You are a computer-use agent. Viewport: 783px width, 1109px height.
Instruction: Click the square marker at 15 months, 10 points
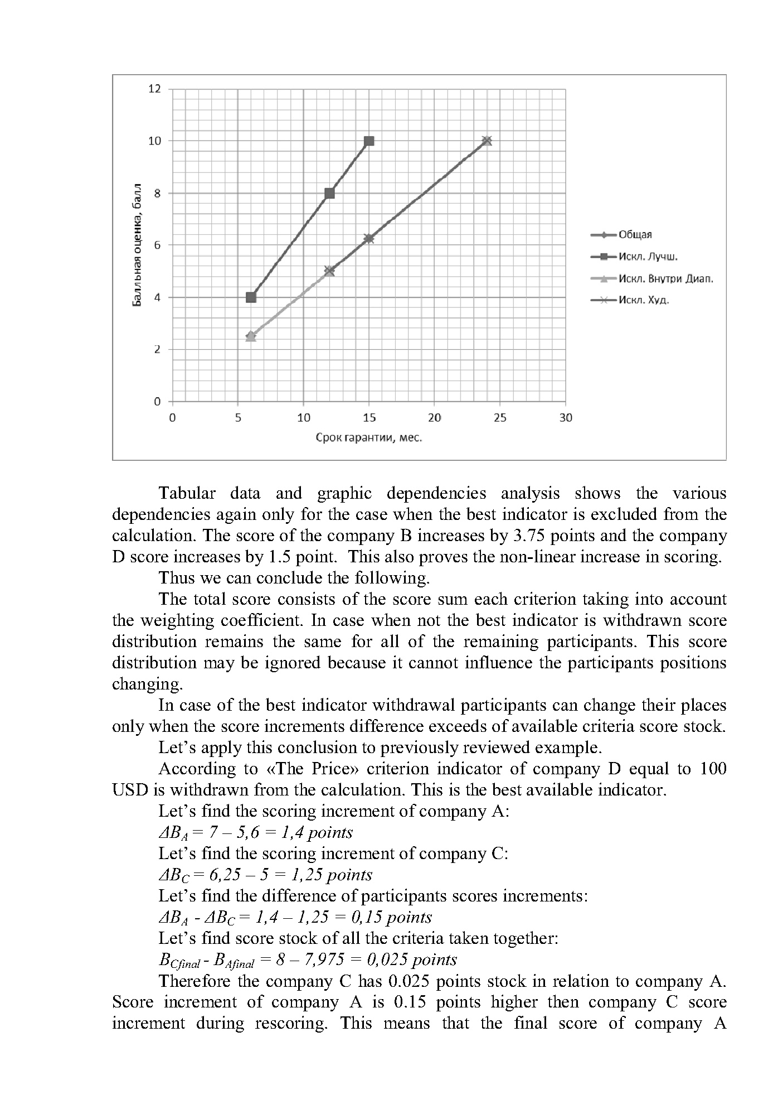click(369, 141)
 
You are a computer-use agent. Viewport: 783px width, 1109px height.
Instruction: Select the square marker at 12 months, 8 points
click(329, 193)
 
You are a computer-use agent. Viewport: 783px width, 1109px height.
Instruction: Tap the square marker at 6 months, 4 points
click(251, 297)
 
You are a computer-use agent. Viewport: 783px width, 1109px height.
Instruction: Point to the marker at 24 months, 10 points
click(487, 141)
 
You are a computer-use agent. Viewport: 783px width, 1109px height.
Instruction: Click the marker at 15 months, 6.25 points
click(369, 239)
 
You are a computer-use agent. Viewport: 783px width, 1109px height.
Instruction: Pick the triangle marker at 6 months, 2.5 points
click(251, 336)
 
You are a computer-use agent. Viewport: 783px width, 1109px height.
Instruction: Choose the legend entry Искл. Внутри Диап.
click(665, 278)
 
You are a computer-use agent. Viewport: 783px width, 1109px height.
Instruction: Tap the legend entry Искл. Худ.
click(644, 300)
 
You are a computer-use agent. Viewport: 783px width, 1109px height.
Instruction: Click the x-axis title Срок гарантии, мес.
click(368, 438)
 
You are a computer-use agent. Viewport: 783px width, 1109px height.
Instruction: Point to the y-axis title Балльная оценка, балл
click(137, 245)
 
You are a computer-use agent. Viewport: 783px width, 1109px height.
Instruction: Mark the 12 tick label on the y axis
click(154, 89)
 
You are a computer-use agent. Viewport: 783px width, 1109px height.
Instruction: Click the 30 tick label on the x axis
click(566, 418)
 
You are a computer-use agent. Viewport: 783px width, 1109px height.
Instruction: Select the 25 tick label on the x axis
click(500, 418)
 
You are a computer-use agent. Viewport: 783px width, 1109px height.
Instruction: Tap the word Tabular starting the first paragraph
click(187, 493)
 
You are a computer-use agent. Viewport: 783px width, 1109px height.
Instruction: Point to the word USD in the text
click(128, 790)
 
